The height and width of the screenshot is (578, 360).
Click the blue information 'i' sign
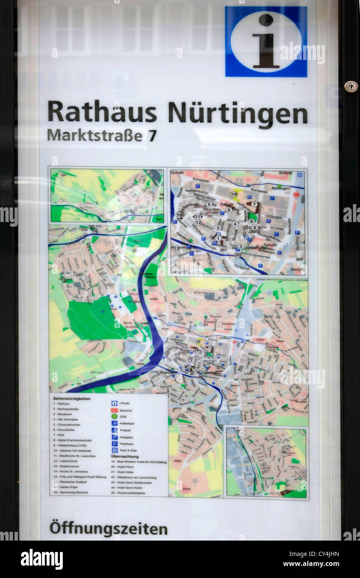(x=266, y=42)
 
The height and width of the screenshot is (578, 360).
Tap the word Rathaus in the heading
(x=102, y=113)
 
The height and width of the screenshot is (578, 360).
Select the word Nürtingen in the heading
(x=237, y=114)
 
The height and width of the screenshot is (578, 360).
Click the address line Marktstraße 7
(x=101, y=135)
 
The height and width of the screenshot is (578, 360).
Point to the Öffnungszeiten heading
(x=108, y=529)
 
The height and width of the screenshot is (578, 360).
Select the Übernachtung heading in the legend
(x=125, y=456)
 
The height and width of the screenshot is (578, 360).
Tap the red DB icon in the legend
(x=114, y=410)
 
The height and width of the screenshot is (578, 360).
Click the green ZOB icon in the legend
(x=114, y=416)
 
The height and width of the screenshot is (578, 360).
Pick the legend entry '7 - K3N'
(x=62, y=435)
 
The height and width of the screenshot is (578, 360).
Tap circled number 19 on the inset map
(x=234, y=194)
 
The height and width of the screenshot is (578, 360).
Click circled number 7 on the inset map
(x=254, y=204)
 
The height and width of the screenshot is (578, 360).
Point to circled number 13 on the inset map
(x=177, y=248)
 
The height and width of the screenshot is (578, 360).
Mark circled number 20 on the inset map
(x=237, y=254)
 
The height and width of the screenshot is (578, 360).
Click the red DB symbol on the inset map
(x=296, y=194)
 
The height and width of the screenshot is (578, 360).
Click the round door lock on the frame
(x=350, y=86)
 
